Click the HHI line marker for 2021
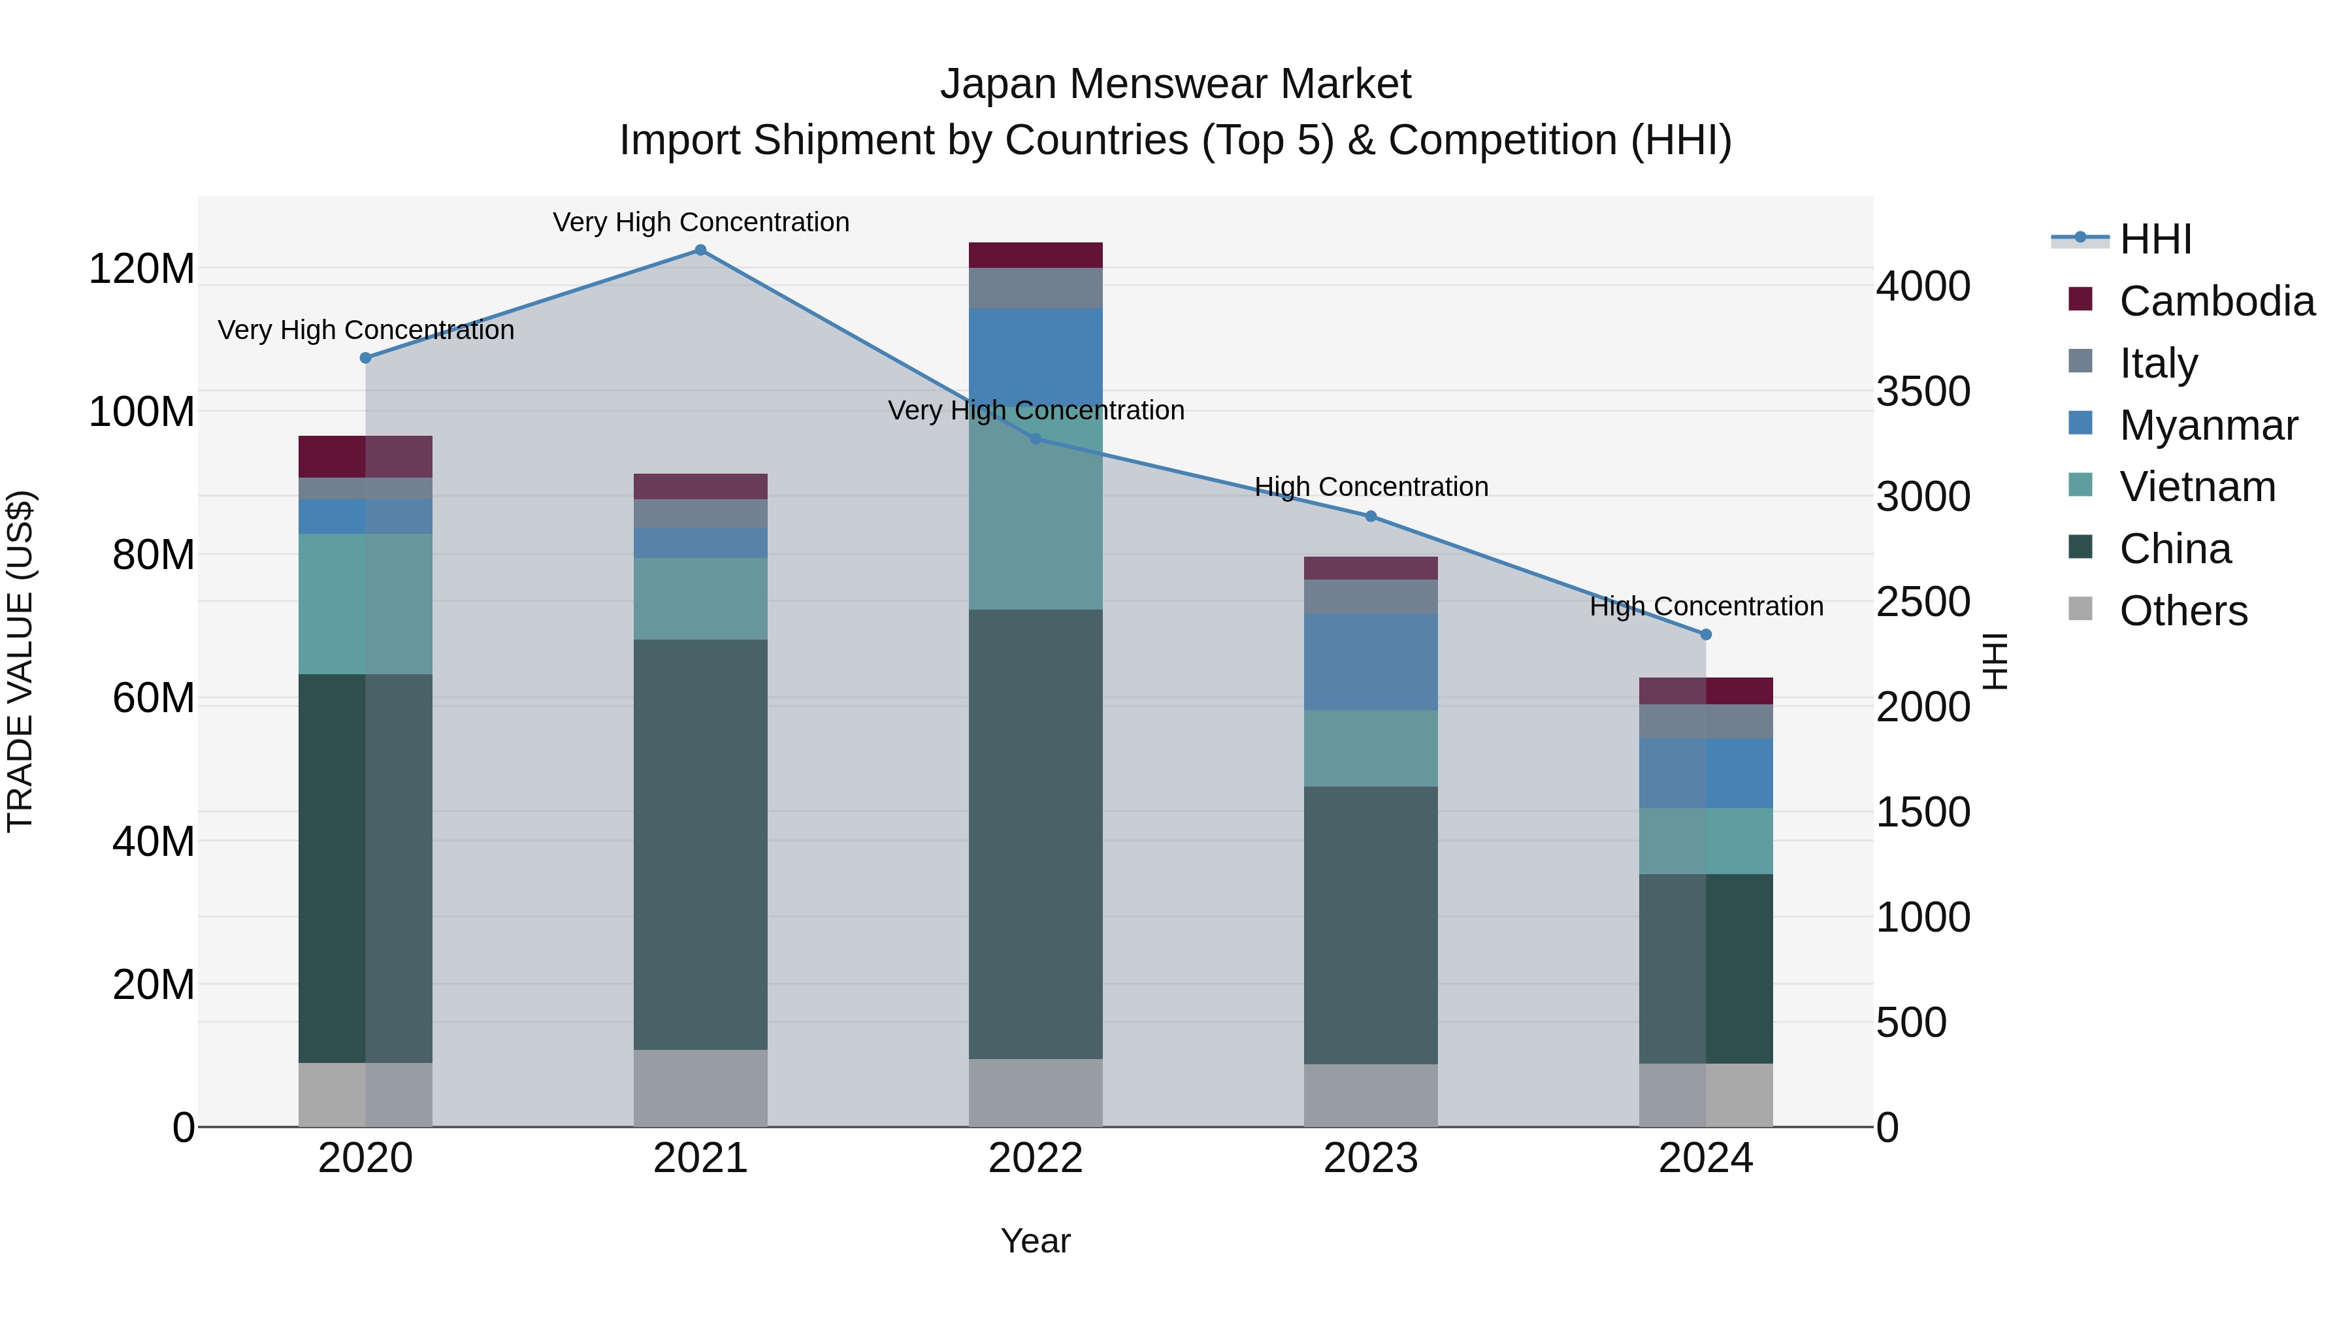tap(700, 250)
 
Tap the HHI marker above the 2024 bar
tap(1706, 634)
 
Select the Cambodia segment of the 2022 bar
tap(1036, 255)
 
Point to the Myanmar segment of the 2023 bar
tap(1371, 662)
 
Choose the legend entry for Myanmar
tap(2207, 425)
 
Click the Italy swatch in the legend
tap(2080, 361)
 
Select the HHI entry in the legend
tap(2155, 239)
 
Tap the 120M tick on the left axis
tap(142, 269)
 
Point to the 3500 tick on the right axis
tap(1923, 392)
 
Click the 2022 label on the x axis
tap(1036, 1158)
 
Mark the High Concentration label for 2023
tap(1371, 487)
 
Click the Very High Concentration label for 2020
tap(365, 330)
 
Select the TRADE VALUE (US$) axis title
tap(20, 661)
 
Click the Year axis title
tap(1036, 1241)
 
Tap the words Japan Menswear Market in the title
tap(1175, 84)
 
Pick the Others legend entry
tap(2182, 611)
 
